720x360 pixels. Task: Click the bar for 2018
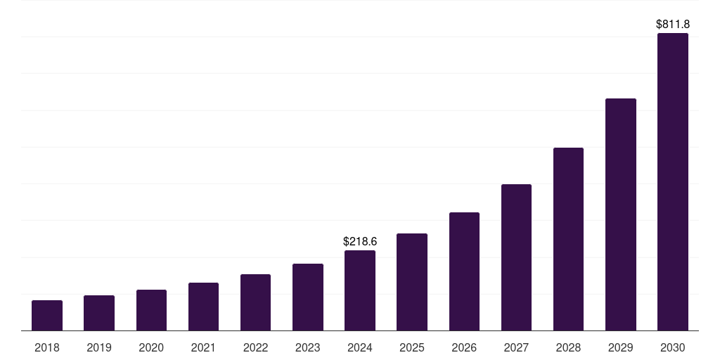47,316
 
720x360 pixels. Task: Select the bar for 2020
151,310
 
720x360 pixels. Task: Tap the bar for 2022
255,302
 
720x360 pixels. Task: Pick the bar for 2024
360,290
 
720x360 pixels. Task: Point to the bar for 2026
464,271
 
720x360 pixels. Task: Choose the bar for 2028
568,239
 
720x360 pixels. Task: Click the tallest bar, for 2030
673,182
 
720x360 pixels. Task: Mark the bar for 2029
621,214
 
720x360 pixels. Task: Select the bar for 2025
412,282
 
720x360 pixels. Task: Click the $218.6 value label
360,241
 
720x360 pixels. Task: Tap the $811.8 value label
673,24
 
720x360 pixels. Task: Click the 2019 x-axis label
99,347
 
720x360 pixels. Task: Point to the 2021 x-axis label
203,347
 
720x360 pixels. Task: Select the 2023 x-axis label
308,347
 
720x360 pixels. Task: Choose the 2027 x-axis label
516,347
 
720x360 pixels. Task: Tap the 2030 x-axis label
673,347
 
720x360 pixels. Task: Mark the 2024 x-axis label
360,347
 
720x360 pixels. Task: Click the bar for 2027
516,257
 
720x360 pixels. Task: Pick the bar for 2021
203,307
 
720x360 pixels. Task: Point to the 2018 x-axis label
47,347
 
